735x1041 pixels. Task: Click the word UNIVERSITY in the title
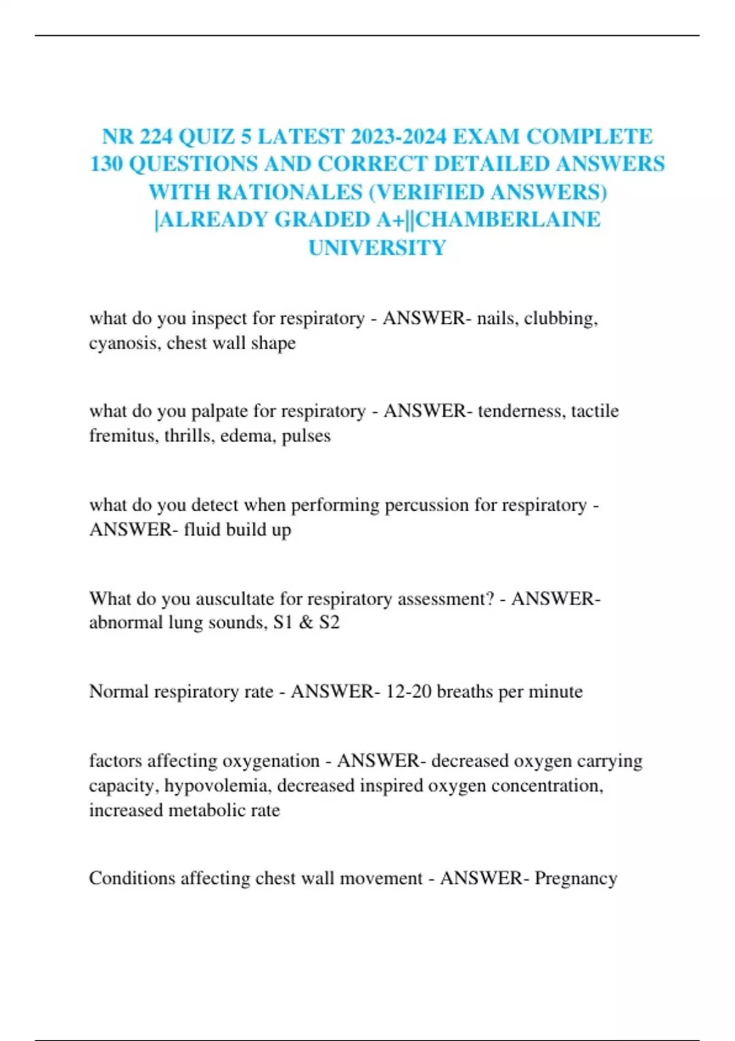click(377, 248)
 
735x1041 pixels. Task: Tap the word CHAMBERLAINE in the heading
click(508, 220)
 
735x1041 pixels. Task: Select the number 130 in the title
click(106, 164)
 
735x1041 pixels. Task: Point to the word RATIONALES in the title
click(289, 192)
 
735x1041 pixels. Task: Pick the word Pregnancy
click(576, 879)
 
